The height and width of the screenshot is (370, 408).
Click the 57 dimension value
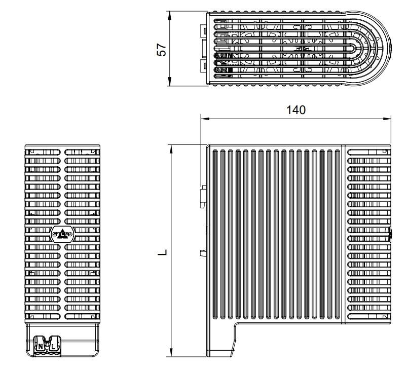(162, 49)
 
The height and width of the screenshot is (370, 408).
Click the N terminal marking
(40, 346)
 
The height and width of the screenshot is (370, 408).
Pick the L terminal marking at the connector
(53, 346)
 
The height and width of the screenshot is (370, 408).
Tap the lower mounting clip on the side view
(204, 253)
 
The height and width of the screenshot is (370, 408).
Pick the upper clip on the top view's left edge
(204, 31)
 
